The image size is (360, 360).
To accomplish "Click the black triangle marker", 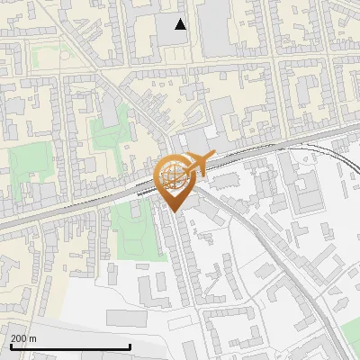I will click(181, 24).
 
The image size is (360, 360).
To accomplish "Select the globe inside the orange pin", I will click(174, 176).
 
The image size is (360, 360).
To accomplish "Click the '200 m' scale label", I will click(24, 337).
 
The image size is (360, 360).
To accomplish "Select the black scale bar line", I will click(70, 346).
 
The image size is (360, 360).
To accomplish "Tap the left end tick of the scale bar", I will click(11, 345).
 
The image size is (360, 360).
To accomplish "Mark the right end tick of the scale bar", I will click(130, 345).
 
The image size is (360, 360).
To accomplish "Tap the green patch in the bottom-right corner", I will click(350, 333).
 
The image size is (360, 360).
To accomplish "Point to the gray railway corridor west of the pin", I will click(72, 207).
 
